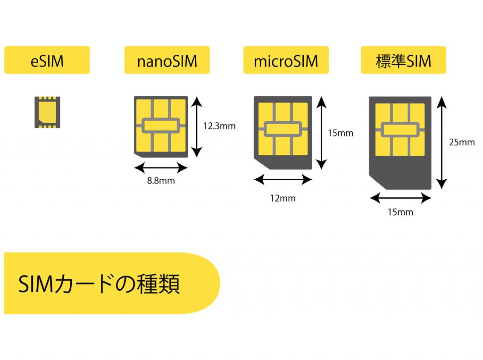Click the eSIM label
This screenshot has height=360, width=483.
47,60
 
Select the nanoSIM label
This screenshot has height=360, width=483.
167,60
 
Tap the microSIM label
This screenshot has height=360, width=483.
285,60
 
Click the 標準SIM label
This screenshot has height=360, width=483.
403,60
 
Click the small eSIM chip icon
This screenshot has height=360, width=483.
47,112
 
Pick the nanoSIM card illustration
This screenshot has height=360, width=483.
161,127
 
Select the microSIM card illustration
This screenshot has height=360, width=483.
283,133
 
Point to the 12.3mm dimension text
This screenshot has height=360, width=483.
219,126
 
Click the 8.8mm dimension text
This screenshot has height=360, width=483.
161,181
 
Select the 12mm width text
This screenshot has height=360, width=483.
282,198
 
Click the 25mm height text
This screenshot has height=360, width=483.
461,142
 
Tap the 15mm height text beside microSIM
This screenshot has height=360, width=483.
340,133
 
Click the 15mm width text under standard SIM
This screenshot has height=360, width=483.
400,212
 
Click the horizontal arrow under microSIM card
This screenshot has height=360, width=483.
283,180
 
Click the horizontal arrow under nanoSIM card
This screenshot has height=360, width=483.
161,167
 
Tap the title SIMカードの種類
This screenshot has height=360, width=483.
99,284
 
